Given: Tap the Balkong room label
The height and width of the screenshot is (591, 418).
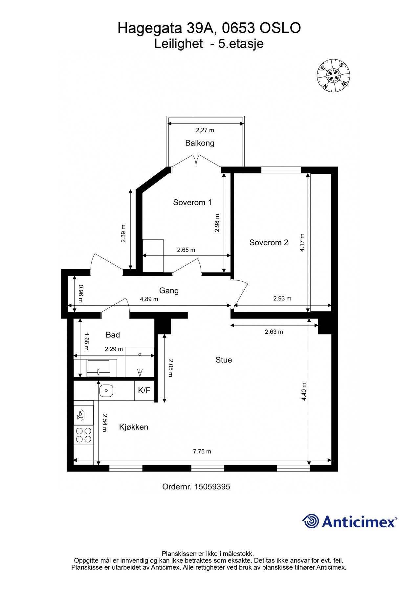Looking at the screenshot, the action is (200, 143).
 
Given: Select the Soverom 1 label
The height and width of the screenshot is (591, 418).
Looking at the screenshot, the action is (192, 202).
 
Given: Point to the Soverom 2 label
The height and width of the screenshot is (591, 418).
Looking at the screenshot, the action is (269, 243).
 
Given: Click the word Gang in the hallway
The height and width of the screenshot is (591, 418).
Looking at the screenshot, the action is (169, 291).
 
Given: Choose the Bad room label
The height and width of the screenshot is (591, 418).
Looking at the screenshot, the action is (113, 335).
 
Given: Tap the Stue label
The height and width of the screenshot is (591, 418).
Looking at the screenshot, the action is (224, 360).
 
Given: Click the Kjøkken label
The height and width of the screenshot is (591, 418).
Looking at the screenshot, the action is (134, 427).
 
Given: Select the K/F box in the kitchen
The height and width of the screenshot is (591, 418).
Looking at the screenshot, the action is (144, 390).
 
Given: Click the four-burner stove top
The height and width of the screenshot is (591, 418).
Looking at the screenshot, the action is (83, 435).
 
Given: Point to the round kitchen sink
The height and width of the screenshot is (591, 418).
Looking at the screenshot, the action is (106, 390).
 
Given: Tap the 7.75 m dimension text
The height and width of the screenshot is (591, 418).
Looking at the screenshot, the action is (202, 451).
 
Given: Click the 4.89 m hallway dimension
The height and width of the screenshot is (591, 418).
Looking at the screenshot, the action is (149, 299).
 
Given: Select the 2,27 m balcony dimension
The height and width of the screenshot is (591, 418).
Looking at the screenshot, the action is (205, 130).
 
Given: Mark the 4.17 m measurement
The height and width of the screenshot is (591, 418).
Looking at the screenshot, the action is (302, 243).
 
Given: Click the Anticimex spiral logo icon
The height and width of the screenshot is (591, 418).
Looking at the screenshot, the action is (311, 521).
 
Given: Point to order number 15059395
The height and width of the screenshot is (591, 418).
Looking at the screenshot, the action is (196, 487).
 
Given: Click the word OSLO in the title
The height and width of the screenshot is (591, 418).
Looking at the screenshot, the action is (280, 28).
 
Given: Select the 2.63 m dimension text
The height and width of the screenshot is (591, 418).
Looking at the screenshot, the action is (274, 332).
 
